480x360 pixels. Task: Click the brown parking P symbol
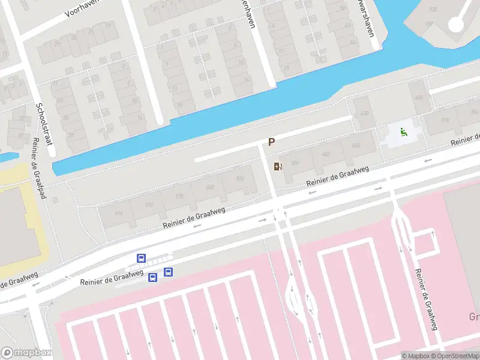click(271, 142)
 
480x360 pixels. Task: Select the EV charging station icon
click(277, 166)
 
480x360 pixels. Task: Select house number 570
click(179, 196)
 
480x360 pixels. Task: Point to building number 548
click(210, 188)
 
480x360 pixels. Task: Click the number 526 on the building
click(241, 179)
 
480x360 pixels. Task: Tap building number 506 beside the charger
click(295, 163)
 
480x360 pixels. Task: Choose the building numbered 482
click(326, 154)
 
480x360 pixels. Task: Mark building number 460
click(355, 146)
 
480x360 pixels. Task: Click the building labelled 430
click(364, 113)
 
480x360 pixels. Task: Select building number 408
click(418, 97)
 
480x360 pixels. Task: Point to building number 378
click(445, 121)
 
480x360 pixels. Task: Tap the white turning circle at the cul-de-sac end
click(457, 23)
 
